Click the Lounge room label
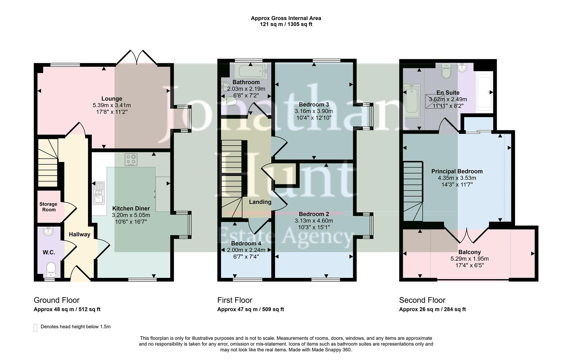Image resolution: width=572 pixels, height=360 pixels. (112, 99)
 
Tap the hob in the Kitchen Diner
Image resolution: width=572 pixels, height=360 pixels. (131, 160)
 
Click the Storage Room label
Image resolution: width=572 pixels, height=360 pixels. (48, 207)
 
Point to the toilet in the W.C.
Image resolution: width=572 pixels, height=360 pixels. (51, 269)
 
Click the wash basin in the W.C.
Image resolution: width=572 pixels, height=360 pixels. (49, 231)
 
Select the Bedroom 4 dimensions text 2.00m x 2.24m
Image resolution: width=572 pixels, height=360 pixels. (246, 250)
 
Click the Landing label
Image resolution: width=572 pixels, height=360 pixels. (260, 202)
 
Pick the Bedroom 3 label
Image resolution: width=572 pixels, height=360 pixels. (314, 104)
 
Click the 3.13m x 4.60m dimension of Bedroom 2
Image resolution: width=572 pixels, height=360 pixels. (314, 221)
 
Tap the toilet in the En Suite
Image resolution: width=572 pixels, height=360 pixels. (446, 71)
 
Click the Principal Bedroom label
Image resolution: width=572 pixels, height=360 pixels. (457, 171)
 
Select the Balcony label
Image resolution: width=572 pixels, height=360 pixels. (469, 252)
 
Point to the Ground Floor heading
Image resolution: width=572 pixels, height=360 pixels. (56, 300)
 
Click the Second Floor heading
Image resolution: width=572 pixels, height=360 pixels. (422, 300)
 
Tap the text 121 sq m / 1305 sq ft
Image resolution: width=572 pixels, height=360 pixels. (286, 24)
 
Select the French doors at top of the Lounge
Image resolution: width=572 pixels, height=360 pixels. (137, 57)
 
